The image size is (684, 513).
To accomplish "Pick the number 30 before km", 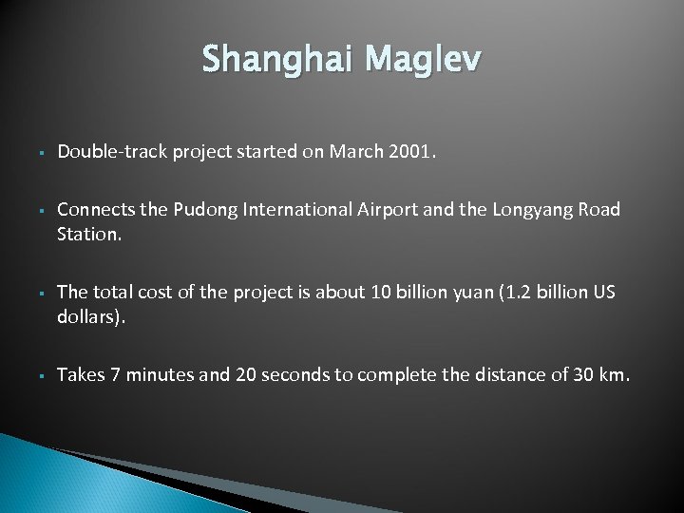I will [x=583, y=375].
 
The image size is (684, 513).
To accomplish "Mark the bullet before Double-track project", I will [x=31, y=153].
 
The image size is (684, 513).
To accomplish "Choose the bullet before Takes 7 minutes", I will [x=31, y=376].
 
